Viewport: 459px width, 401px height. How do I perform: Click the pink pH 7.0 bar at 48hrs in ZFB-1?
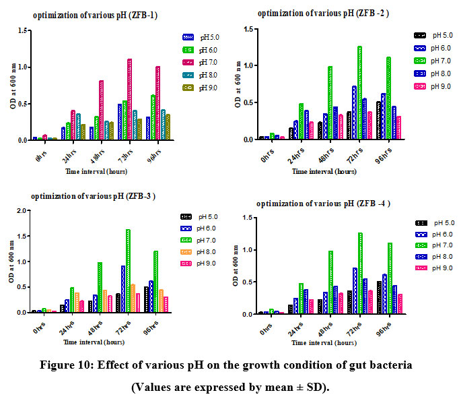(102, 111)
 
